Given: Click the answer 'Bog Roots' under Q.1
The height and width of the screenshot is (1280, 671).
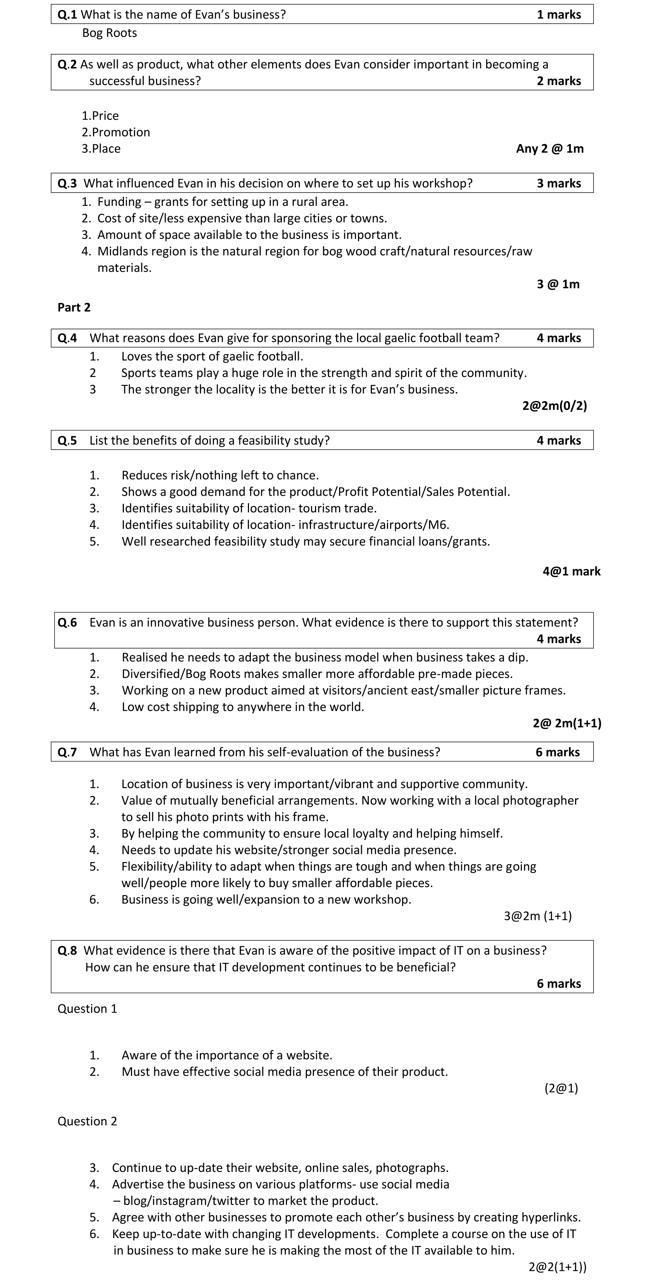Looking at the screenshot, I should click(x=109, y=33).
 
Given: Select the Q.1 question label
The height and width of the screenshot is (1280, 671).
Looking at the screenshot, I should click(x=67, y=14).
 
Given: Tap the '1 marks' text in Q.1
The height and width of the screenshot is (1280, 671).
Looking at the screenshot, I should click(x=558, y=14).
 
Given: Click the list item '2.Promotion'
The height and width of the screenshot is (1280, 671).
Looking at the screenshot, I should click(x=116, y=132).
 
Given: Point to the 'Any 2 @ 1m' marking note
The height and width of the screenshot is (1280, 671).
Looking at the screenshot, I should click(x=550, y=149).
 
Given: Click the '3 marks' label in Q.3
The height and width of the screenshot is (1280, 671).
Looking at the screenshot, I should click(x=558, y=183).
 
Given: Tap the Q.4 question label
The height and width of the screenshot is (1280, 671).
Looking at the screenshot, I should click(x=67, y=338).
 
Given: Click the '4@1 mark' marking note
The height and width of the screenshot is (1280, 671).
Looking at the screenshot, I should click(x=571, y=571).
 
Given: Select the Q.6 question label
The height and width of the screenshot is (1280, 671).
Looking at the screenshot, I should click(x=67, y=623).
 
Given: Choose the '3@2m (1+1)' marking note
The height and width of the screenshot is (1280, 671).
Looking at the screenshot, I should click(x=537, y=916).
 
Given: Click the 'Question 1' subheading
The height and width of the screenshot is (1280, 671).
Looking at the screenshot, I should click(x=87, y=1009).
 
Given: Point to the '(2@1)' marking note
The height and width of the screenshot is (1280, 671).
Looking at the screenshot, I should click(x=561, y=1089).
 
